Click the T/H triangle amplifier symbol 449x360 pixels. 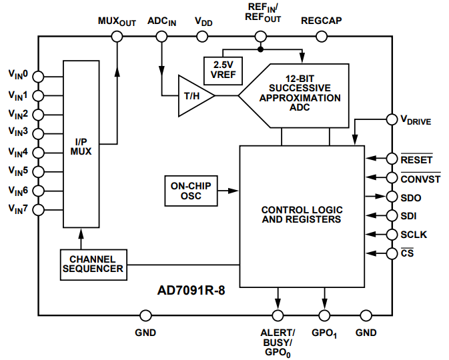[x=193, y=96]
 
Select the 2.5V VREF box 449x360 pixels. [x=223, y=69]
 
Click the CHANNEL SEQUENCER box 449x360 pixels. [x=93, y=263]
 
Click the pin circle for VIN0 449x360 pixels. [x=38, y=75]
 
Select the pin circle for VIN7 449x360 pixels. [x=38, y=210]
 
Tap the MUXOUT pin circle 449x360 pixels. [x=117, y=37]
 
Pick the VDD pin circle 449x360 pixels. [x=204, y=37]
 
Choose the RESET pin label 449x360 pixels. [x=416, y=159]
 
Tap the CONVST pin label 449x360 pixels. [x=420, y=179]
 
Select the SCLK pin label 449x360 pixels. [x=414, y=235]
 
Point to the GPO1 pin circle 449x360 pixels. [x=325, y=315]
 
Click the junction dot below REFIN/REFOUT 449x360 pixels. [x=261, y=49]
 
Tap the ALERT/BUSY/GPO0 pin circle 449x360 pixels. [x=278, y=315]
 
